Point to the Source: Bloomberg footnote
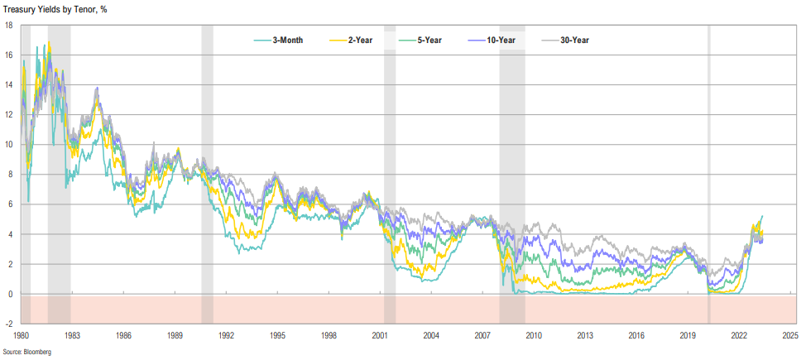[x=27, y=353]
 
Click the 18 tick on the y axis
[x=7, y=25]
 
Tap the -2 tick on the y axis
[x=7, y=324]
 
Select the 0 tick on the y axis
[x=9, y=295]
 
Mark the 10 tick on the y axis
[x=7, y=145]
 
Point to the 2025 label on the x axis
[x=789, y=336]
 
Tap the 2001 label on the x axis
[x=380, y=336]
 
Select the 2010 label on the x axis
[x=534, y=336]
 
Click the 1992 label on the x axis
[x=226, y=336]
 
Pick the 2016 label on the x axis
[x=636, y=336]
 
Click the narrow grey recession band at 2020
[x=708, y=166]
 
